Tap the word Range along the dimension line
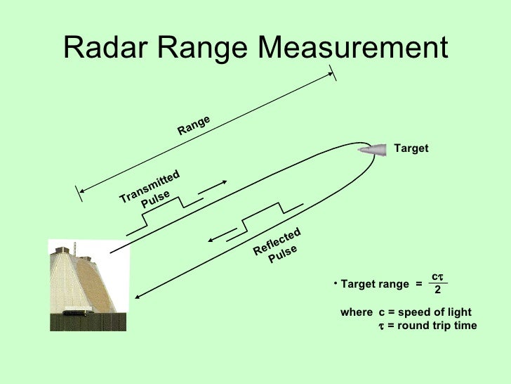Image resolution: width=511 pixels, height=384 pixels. click(x=194, y=125)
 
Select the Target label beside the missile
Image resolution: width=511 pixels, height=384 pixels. click(x=411, y=149)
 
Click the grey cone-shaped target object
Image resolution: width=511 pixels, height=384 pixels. click(x=373, y=149)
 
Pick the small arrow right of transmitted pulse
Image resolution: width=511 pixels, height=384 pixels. click(x=212, y=188)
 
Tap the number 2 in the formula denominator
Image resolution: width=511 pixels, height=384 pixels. click(x=437, y=290)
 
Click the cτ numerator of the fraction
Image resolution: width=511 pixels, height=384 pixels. click(x=437, y=278)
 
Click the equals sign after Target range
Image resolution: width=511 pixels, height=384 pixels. click(x=418, y=284)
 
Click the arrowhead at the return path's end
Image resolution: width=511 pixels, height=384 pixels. click(x=139, y=297)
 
